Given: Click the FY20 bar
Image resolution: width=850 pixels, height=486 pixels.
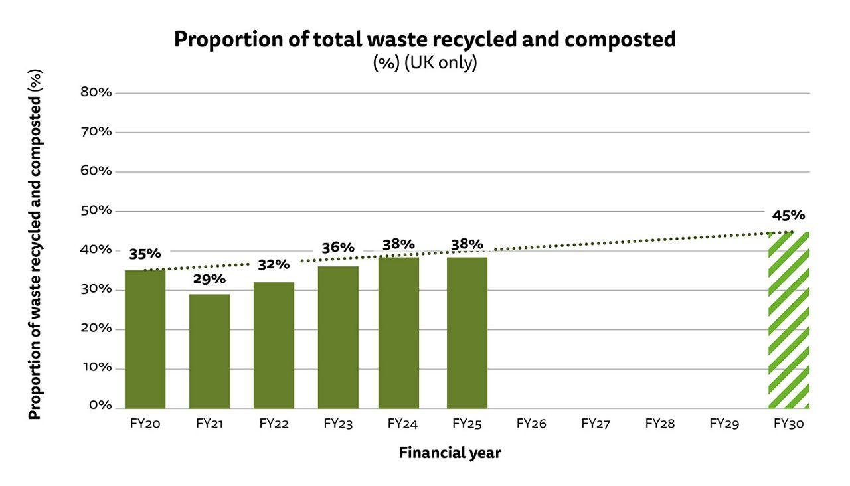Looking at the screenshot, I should tap(145, 339).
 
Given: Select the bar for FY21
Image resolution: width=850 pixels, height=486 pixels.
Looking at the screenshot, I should tap(209, 351).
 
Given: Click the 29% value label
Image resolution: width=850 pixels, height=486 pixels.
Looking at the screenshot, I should tap(209, 279).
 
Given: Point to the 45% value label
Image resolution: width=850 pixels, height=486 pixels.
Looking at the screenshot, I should tap(788, 215).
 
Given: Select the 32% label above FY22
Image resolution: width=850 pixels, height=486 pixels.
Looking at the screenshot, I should tap(274, 264).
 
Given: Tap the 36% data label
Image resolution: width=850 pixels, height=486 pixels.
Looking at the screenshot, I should tap(338, 248).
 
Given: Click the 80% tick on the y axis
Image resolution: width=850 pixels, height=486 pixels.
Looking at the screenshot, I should tap(96, 92).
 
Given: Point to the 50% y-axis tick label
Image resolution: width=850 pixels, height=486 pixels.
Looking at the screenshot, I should tap(96, 210).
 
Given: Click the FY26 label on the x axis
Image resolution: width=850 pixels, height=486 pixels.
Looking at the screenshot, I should tap(531, 424).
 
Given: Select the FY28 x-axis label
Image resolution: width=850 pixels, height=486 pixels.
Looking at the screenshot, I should tap(660, 424).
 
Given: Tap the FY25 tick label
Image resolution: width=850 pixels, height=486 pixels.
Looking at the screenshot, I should tap(467, 424).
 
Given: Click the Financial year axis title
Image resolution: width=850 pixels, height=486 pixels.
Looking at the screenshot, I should tap(450, 453).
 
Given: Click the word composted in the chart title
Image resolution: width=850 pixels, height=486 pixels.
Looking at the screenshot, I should tap(620, 39).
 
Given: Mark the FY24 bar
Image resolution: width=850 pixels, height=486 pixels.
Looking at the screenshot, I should tap(399, 332).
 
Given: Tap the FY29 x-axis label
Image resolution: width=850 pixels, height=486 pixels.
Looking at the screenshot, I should tap(724, 424).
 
